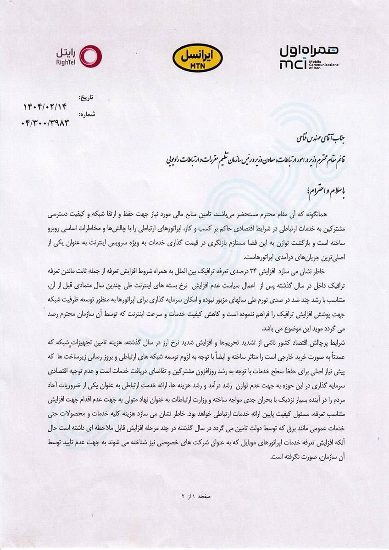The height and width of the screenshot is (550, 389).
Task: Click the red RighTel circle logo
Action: [91, 56]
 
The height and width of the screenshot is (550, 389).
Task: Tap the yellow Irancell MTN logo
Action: [197, 57]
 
